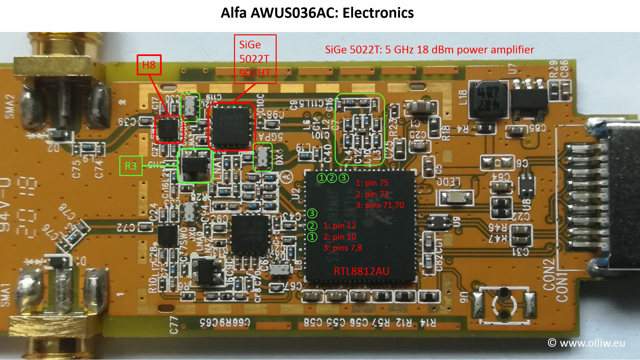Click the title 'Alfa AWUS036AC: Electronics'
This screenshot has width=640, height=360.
point(317,13)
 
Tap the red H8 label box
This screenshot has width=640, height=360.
point(149,65)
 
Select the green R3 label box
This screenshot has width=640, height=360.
point(131,166)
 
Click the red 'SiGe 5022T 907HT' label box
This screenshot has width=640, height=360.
point(255,59)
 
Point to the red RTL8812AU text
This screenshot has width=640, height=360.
point(361,271)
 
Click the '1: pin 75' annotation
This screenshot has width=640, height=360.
point(372,183)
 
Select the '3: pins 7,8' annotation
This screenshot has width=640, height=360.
point(342,248)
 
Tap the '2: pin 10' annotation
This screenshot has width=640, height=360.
point(339,237)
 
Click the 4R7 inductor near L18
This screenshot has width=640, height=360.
point(488,100)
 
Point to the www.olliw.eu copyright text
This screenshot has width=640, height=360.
point(586,343)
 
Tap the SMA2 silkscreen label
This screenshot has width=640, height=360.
point(10,106)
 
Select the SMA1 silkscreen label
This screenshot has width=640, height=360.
point(5,295)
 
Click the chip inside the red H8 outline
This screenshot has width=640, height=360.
point(169,129)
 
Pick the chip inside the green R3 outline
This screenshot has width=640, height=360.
point(195,165)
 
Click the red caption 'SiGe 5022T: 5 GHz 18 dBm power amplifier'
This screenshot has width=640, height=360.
point(429,50)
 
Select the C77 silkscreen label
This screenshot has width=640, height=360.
point(174,325)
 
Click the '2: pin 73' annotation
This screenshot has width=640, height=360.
point(372,194)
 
